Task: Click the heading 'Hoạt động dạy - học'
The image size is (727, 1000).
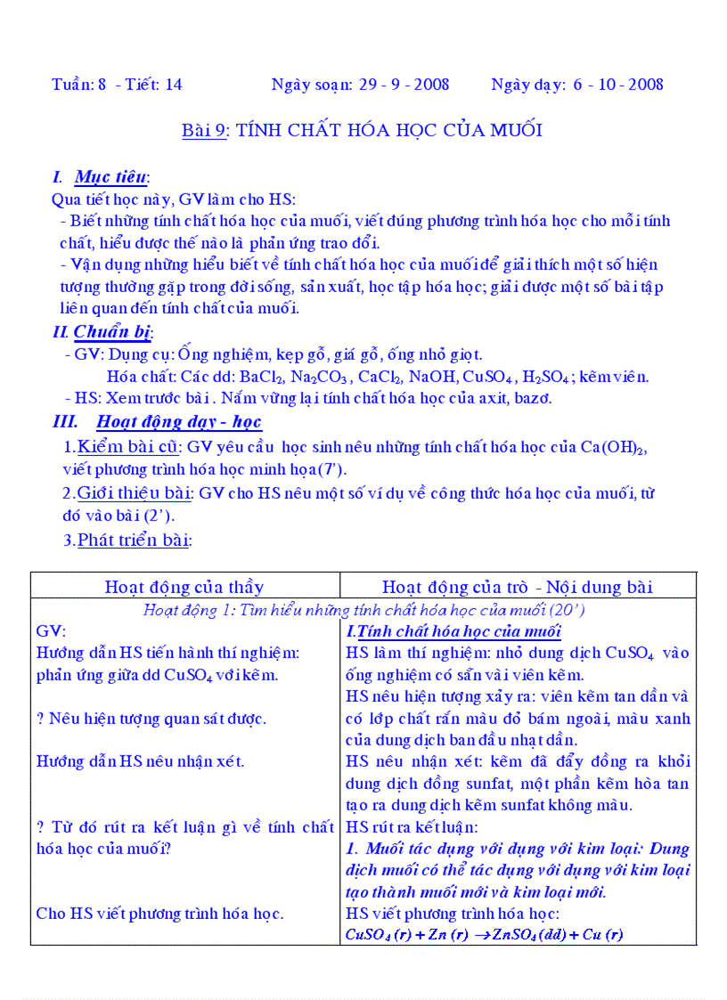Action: [178, 421]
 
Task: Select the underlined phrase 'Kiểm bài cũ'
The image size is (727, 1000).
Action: [129, 447]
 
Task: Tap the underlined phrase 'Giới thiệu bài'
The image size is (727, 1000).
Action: [135, 492]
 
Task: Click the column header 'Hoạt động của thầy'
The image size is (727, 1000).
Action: [184, 586]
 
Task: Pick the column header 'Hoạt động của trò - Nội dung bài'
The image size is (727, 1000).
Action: [518, 586]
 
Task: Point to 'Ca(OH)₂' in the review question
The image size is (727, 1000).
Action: [612, 447]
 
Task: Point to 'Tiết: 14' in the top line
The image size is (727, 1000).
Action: [156, 85]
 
